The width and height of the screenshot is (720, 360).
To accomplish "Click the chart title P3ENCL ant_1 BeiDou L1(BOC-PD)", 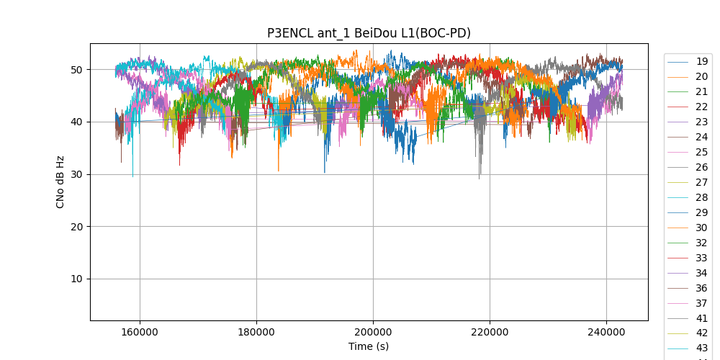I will click(369, 33).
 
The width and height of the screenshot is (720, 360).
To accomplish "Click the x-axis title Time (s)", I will click(369, 346).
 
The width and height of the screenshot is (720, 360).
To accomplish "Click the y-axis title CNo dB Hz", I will click(60, 181).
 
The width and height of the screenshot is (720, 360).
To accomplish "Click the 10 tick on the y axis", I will click(76, 279).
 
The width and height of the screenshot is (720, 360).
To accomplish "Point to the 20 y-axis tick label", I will click(76, 227).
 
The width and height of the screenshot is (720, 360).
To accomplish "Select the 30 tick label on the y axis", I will click(76, 174).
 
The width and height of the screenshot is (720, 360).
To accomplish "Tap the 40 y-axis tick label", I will click(76, 122).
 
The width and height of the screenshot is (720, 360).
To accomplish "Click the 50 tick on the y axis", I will click(76, 70).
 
